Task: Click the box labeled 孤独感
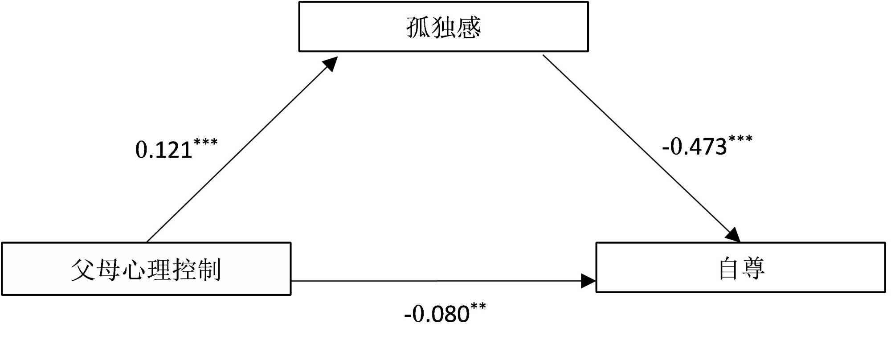(x=443, y=27)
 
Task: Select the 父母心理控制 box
(x=146, y=269)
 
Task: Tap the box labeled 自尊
(x=740, y=267)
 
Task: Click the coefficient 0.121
(x=163, y=150)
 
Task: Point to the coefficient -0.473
(x=695, y=147)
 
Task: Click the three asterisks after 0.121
(x=206, y=143)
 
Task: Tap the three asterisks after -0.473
(x=740, y=139)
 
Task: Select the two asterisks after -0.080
(x=478, y=307)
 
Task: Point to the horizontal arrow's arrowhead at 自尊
(x=588, y=281)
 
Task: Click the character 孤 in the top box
(x=418, y=27)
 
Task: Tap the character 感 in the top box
(x=469, y=27)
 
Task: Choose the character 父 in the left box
(x=83, y=270)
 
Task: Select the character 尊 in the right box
(x=753, y=268)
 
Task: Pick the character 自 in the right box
(x=728, y=268)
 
